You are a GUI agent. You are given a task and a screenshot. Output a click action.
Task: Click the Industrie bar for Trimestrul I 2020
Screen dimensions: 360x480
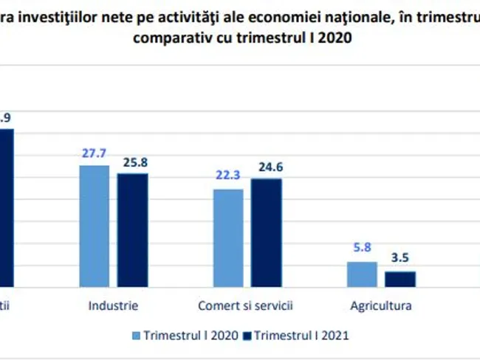(95, 225)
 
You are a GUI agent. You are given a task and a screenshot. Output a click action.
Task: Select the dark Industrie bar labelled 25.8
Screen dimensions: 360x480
(133, 229)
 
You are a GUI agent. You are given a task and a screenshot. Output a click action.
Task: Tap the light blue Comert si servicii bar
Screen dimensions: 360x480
(228, 238)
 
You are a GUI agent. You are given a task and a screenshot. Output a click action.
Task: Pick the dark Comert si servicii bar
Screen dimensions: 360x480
(266, 232)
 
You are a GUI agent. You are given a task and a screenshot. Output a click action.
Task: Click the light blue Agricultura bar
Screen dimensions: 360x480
(362, 274)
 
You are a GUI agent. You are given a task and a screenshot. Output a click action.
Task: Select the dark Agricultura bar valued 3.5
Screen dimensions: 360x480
(400, 278)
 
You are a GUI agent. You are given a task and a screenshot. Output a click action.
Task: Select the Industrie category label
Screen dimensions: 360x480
(113, 305)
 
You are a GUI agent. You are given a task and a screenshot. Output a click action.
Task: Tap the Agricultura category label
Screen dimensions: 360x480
(381, 305)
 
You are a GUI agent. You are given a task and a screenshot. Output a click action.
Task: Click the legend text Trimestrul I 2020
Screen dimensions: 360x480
(191, 335)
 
